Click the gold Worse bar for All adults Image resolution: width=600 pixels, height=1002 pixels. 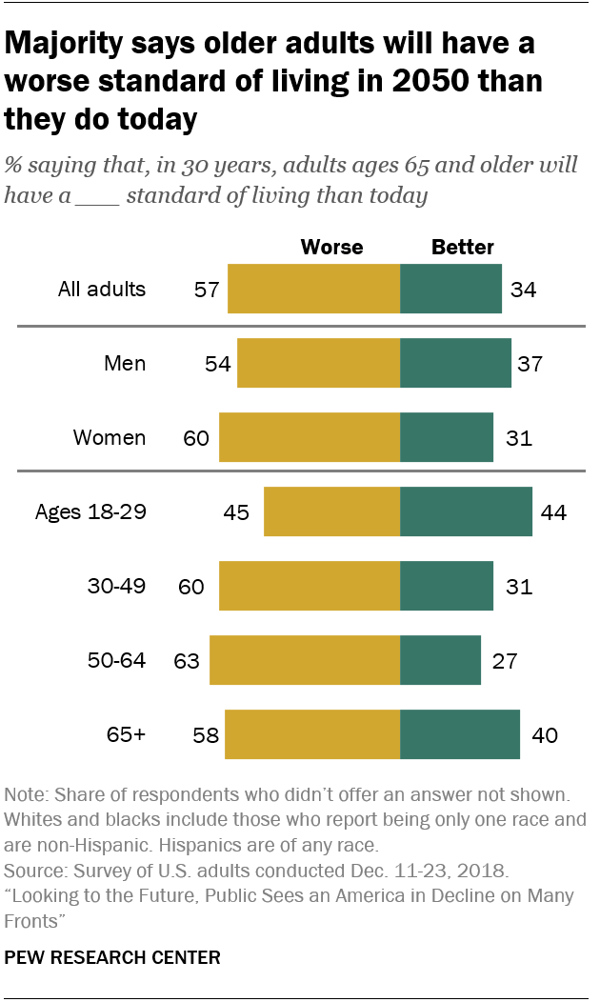pyautogui.click(x=313, y=289)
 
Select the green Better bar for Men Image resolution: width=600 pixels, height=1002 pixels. pyautogui.click(x=455, y=363)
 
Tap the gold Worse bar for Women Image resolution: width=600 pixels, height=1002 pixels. pyautogui.click(x=310, y=437)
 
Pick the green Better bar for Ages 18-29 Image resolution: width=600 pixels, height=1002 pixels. pyautogui.click(x=466, y=511)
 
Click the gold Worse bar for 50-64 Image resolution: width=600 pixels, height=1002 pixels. pyautogui.click(x=305, y=660)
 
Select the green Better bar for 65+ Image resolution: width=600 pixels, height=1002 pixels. pyautogui.click(x=460, y=734)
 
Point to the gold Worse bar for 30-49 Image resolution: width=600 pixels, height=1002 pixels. pyautogui.click(x=310, y=586)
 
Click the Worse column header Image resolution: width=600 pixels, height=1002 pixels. pyautogui.click(x=331, y=248)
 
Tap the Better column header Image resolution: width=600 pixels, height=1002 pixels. pyautogui.click(x=463, y=248)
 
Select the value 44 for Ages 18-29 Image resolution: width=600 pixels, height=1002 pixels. pyautogui.click(x=552, y=511)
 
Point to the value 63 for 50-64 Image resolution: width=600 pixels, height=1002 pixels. pyautogui.click(x=186, y=660)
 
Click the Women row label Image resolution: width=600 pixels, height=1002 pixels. pyautogui.click(x=110, y=437)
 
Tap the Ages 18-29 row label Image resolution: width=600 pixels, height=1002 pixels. pyautogui.click(x=90, y=511)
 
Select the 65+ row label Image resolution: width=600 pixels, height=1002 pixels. pyautogui.click(x=127, y=734)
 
